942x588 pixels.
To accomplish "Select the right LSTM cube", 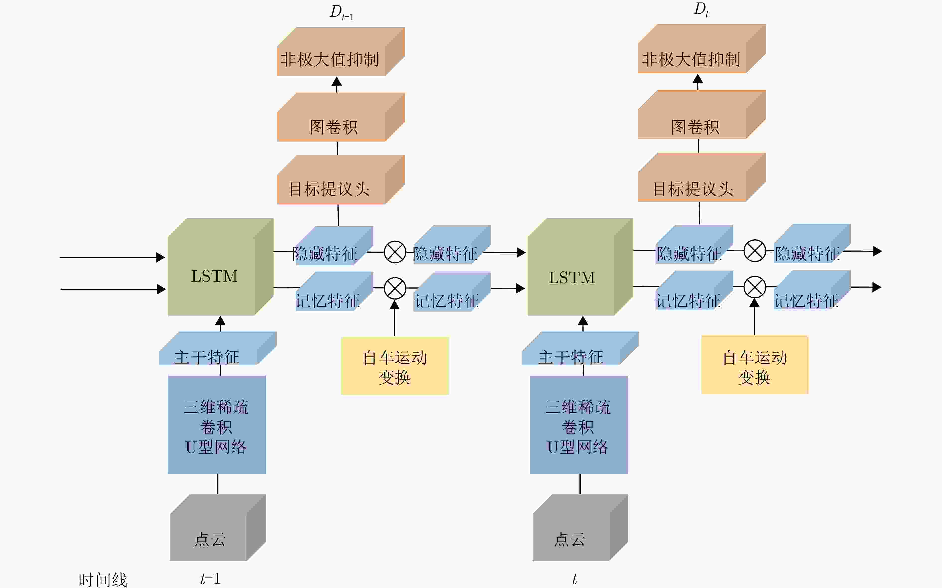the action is click(x=580, y=267).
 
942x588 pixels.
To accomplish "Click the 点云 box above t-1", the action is click(x=218, y=528).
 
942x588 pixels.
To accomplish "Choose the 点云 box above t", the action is click(x=580, y=528).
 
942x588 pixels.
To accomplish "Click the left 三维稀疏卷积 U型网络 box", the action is click(x=217, y=425).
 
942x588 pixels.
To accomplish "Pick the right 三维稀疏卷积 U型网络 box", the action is click(x=579, y=425).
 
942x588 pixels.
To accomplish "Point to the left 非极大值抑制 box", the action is click(x=341, y=51).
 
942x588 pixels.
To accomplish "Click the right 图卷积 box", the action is click(x=702, y=114).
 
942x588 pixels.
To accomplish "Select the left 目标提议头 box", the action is click(x=341, y=180).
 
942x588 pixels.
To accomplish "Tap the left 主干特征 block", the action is click(x=218, y=348).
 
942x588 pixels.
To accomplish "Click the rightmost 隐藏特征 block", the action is click(x=812, y=244).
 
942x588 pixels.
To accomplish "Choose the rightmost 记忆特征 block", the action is click(x=812, y=290).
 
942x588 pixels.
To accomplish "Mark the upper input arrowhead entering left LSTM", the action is click(x=160, y=257).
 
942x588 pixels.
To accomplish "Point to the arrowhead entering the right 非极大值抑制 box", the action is click(x=698, y=79).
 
